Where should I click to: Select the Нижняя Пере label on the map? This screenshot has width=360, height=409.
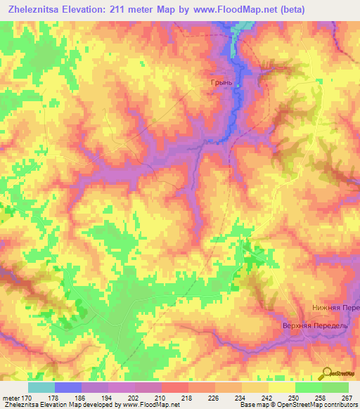point(336,309)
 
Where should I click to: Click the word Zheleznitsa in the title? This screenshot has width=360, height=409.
point(35,8)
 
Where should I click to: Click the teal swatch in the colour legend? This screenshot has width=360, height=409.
point(41,387)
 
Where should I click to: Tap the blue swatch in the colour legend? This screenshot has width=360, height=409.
point(68,387)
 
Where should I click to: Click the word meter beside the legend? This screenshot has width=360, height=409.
point(11,398)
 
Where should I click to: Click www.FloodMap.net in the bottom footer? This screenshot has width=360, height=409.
point(150,405)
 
